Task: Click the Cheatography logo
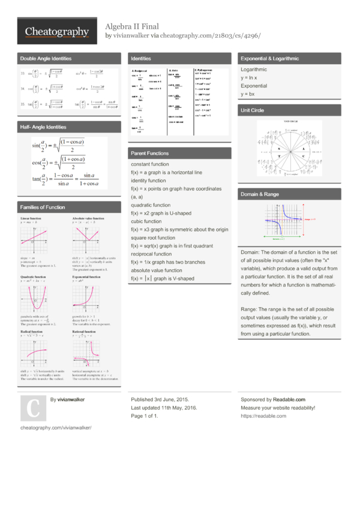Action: tap(57, 32)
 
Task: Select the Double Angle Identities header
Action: tap(46, 59)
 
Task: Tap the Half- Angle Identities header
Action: tap(43, 127)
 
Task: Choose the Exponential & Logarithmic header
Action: tap(269, 59)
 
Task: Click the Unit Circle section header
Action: tap(252, 111)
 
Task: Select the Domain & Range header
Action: tap(259, 194)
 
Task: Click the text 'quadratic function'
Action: tap(151, 205)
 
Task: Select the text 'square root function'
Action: tap(153, 238)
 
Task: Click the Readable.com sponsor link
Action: tap(289, 399)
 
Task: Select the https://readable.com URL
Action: tap(263, 416)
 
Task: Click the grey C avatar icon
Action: tap(32, 408)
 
